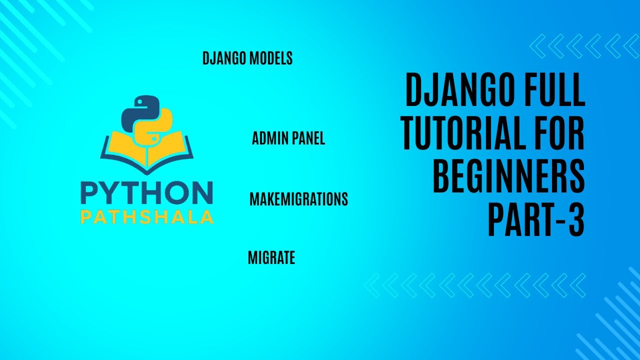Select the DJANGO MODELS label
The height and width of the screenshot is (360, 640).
point(247,58)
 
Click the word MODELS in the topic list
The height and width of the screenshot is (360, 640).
point(270,58)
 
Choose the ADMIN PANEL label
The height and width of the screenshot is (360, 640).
point(288,138)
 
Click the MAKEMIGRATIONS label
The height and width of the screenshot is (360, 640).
point(298,199)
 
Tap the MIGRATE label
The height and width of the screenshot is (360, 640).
point(271,258)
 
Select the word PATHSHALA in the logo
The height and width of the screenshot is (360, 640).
point(146,217)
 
